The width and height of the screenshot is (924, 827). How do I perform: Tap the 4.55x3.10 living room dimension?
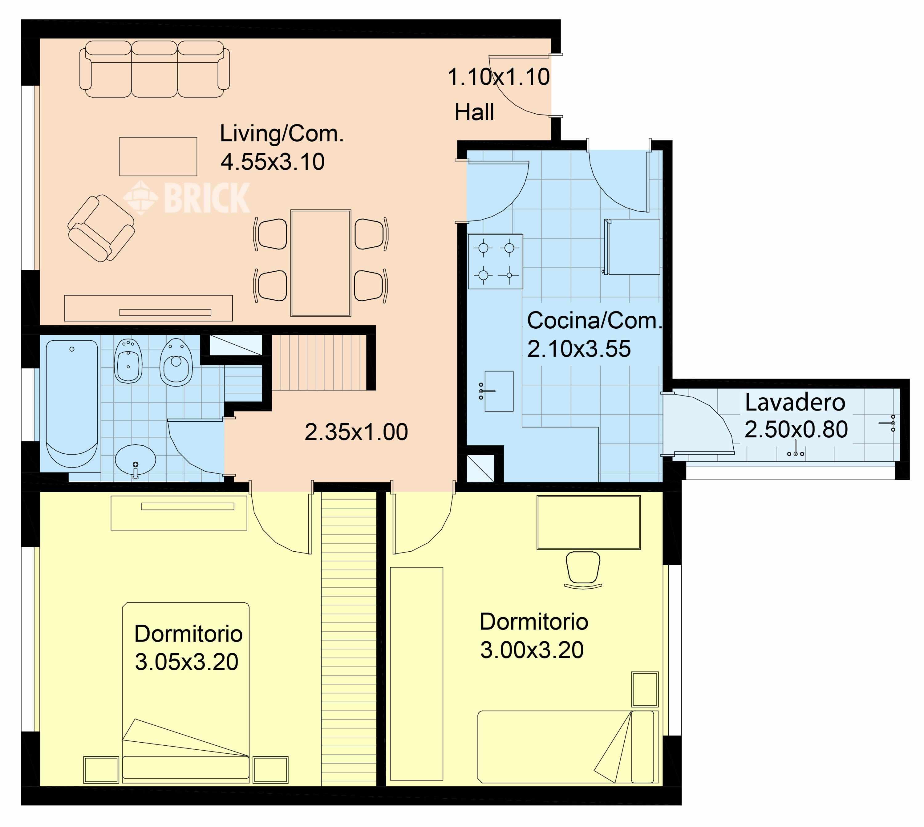click(273, 162)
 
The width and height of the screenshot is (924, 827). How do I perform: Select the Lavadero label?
click(795, 402)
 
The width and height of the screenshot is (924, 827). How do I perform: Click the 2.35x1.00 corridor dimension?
click(356, 432)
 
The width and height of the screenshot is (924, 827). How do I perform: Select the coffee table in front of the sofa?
click(158, 156)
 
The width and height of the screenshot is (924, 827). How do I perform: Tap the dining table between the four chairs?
click(320, 263)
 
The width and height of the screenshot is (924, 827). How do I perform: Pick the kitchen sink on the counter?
click(498, 391)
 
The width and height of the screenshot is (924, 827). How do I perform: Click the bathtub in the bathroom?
click(72, 402)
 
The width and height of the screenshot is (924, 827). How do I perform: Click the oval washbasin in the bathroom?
click(136, 460)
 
